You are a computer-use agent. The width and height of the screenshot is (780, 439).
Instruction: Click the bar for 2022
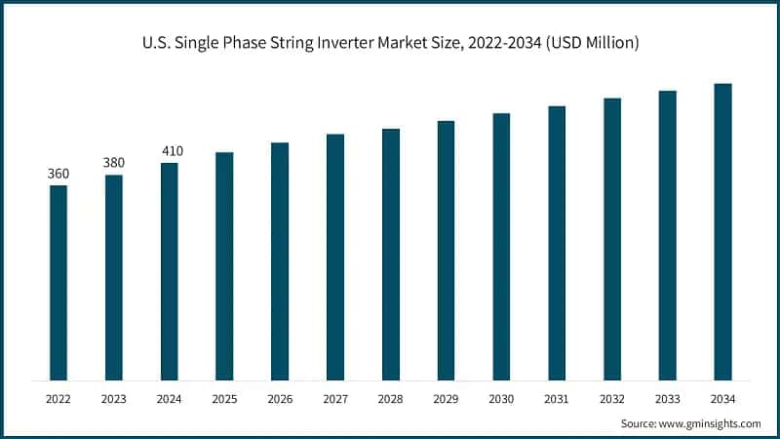pyautogui.click(x=58, y=282)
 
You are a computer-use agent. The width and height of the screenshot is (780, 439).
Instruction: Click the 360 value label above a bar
pyautogui.click(x=58, y=174)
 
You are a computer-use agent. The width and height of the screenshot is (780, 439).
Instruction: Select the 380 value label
pyautogui.click(x=114, y=163)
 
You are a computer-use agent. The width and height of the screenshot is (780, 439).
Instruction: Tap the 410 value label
pyautogui.click(x=170, y=151)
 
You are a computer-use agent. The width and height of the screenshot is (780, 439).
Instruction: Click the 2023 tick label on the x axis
pyautogui.click(x=114, y=398)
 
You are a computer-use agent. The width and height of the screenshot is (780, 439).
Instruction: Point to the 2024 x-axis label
pyautogui.click(x=170, y=398)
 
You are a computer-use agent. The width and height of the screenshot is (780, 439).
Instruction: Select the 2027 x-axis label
pyautogui.click(x=335, y=398)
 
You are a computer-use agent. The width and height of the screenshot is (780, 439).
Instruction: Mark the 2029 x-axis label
pyautogui.click(x=446, y=398)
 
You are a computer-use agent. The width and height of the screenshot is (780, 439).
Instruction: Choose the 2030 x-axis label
pyautogui.click(x=501, y=398)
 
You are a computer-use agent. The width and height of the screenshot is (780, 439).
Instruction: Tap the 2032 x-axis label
pyautogui.click(x=612, y=398)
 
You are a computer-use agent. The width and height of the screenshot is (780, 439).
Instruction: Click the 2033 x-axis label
pyautogui.click(x=667, y=398)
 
